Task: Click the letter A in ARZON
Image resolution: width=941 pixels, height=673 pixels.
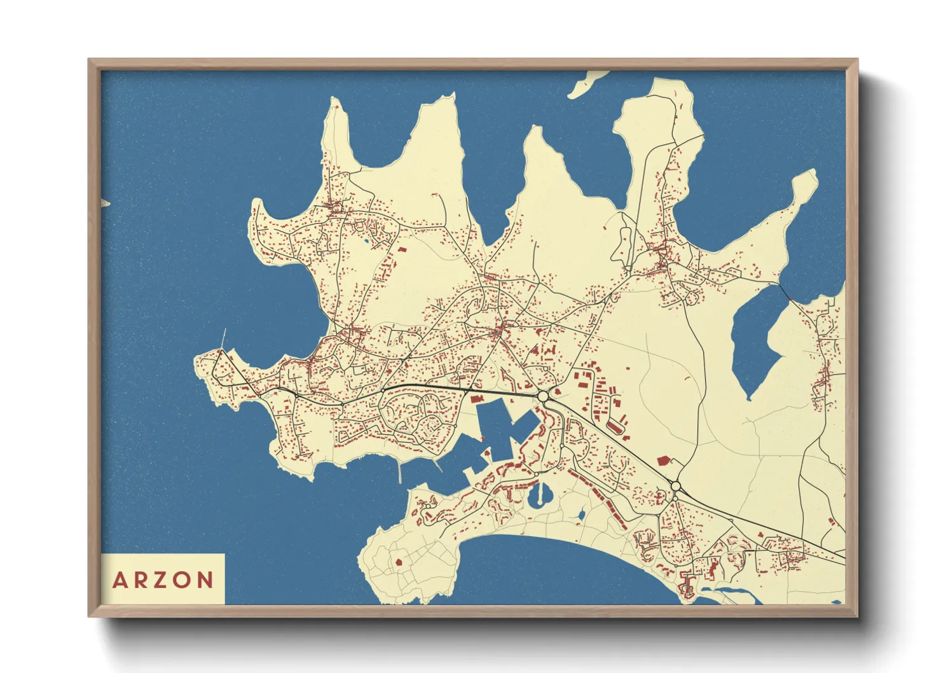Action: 119,580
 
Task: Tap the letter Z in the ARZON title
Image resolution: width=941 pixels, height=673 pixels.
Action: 162,580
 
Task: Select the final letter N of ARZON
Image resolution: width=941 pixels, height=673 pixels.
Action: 205,580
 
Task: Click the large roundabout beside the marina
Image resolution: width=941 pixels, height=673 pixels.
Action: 543,396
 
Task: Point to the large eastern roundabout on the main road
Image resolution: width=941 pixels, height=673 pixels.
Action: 675,487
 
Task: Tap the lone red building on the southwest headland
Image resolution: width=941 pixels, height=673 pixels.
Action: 399,562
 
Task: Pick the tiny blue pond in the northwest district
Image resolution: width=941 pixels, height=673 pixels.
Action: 367,241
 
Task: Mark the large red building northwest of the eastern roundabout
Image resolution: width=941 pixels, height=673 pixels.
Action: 663,459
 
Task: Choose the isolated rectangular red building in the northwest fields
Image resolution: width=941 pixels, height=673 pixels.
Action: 401,249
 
